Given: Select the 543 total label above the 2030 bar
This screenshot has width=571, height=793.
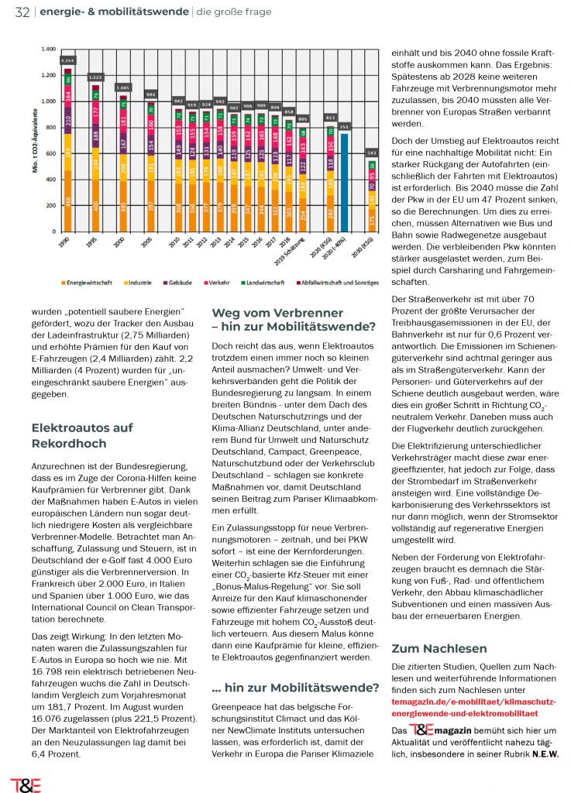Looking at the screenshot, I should [372, 152].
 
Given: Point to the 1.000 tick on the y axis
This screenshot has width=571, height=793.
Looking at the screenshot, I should [50, 101].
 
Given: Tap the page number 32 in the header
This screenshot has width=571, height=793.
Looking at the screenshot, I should [21, 12].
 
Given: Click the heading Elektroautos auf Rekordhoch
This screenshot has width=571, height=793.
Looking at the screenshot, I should [82, 435].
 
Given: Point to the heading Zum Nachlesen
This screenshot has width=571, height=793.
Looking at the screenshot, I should [439, 648].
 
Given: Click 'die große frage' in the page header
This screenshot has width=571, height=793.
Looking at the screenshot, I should [228, 12].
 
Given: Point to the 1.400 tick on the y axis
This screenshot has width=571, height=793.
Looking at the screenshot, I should [50, 49].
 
